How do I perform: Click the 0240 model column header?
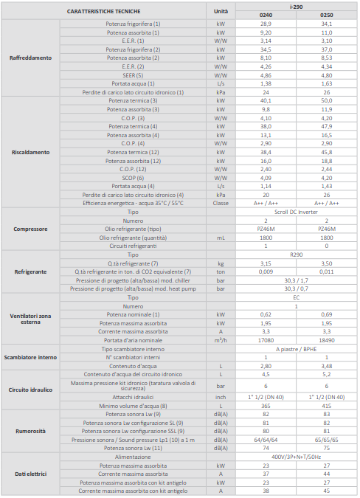[266, 15]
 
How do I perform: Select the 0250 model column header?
[326, 15]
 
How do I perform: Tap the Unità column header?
[221, 11]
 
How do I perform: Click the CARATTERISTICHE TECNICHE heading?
[103, 11]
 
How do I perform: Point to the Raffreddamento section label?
[30, 58]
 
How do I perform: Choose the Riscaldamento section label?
[30, 152]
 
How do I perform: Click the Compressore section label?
[30, 229]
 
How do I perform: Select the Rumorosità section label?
[30, 431]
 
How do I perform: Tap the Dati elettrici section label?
[30, 474]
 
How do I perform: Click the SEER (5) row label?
[133, 75]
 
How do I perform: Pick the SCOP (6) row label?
[133, 178]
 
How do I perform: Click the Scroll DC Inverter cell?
[297, 212]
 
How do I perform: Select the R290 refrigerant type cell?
[297, 255]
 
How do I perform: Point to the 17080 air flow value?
[266, 340]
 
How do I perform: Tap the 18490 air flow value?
[326, 340]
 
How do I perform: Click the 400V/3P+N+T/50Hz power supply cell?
[297, 457]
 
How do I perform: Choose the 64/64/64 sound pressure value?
[266, 440]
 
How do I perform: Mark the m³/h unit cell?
[221, 340]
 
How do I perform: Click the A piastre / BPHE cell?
[297, 349]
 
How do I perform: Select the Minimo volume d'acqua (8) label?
[133, 406]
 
